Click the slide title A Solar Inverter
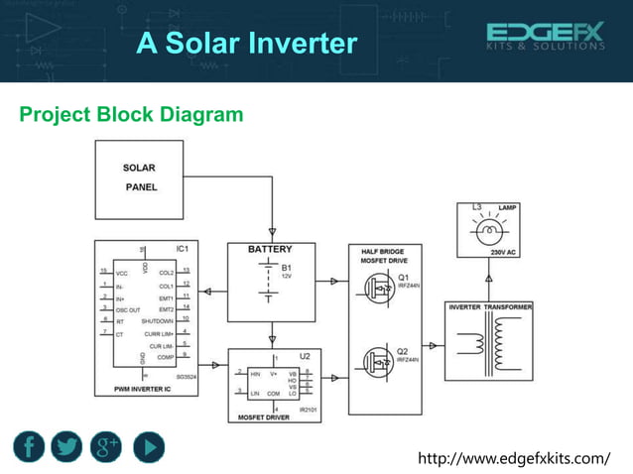click(246, 44)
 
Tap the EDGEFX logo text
click(545, 34)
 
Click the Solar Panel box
click(139, 178)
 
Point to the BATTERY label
click(270, 249)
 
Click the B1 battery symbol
click(270, 280)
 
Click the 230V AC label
click(505, 253)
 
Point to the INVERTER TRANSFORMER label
click(490, 307)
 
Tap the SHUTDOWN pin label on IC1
click(158, 320)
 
